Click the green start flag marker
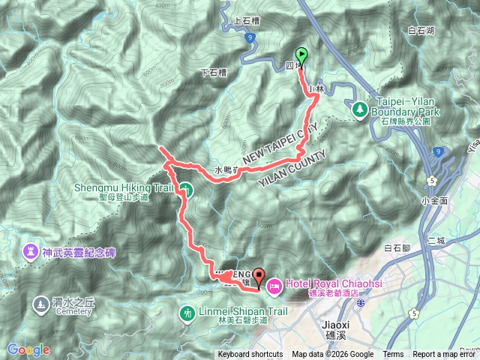pos(301,55)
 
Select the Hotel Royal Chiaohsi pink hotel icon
pos(274,285)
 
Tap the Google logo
pos(28,349)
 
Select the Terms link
pos(393,355)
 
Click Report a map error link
pos(444,355)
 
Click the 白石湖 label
pos(421,31)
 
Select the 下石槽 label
pos(214,73)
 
